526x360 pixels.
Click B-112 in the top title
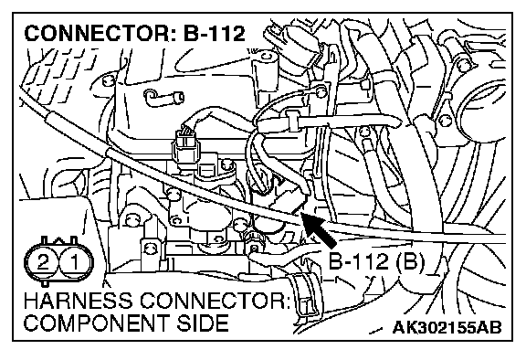coord(215,34)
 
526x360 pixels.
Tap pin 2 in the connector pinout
coord(43,262)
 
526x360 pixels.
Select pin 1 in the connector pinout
coord(75,262)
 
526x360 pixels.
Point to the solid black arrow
coord(318,229)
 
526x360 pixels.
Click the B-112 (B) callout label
coord(376,261)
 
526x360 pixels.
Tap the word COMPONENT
coord(96,323)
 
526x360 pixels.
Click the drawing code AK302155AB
coord(447,327)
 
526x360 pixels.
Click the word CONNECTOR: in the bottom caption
coord(216,301)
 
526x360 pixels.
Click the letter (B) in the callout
coord(411,261)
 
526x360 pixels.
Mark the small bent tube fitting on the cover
coord(163,98)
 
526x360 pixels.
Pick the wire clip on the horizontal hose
coord(293,122)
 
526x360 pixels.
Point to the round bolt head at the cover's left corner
coord(108,80)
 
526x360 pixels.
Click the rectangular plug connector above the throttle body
coord(186,147)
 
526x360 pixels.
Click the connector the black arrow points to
coord(289,201)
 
